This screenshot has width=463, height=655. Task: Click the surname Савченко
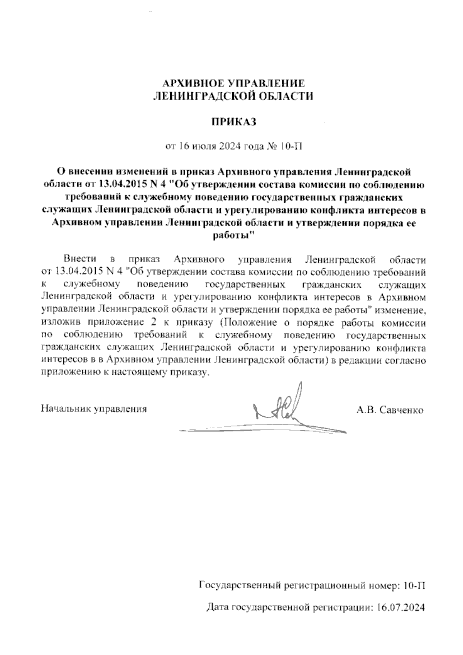click(x=402, y=410)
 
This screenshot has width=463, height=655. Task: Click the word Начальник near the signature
click(x=66, y=409)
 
